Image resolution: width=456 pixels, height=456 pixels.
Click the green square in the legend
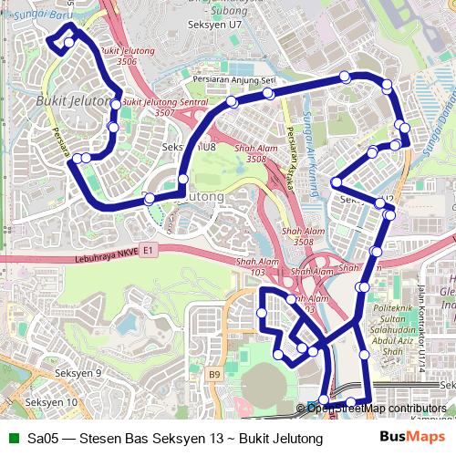point(12,439)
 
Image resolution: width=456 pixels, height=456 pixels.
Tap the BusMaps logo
point(412,439)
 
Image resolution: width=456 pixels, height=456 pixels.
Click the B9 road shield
point(214,374)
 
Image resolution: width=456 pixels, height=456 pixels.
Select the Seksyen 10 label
point(51,401)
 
